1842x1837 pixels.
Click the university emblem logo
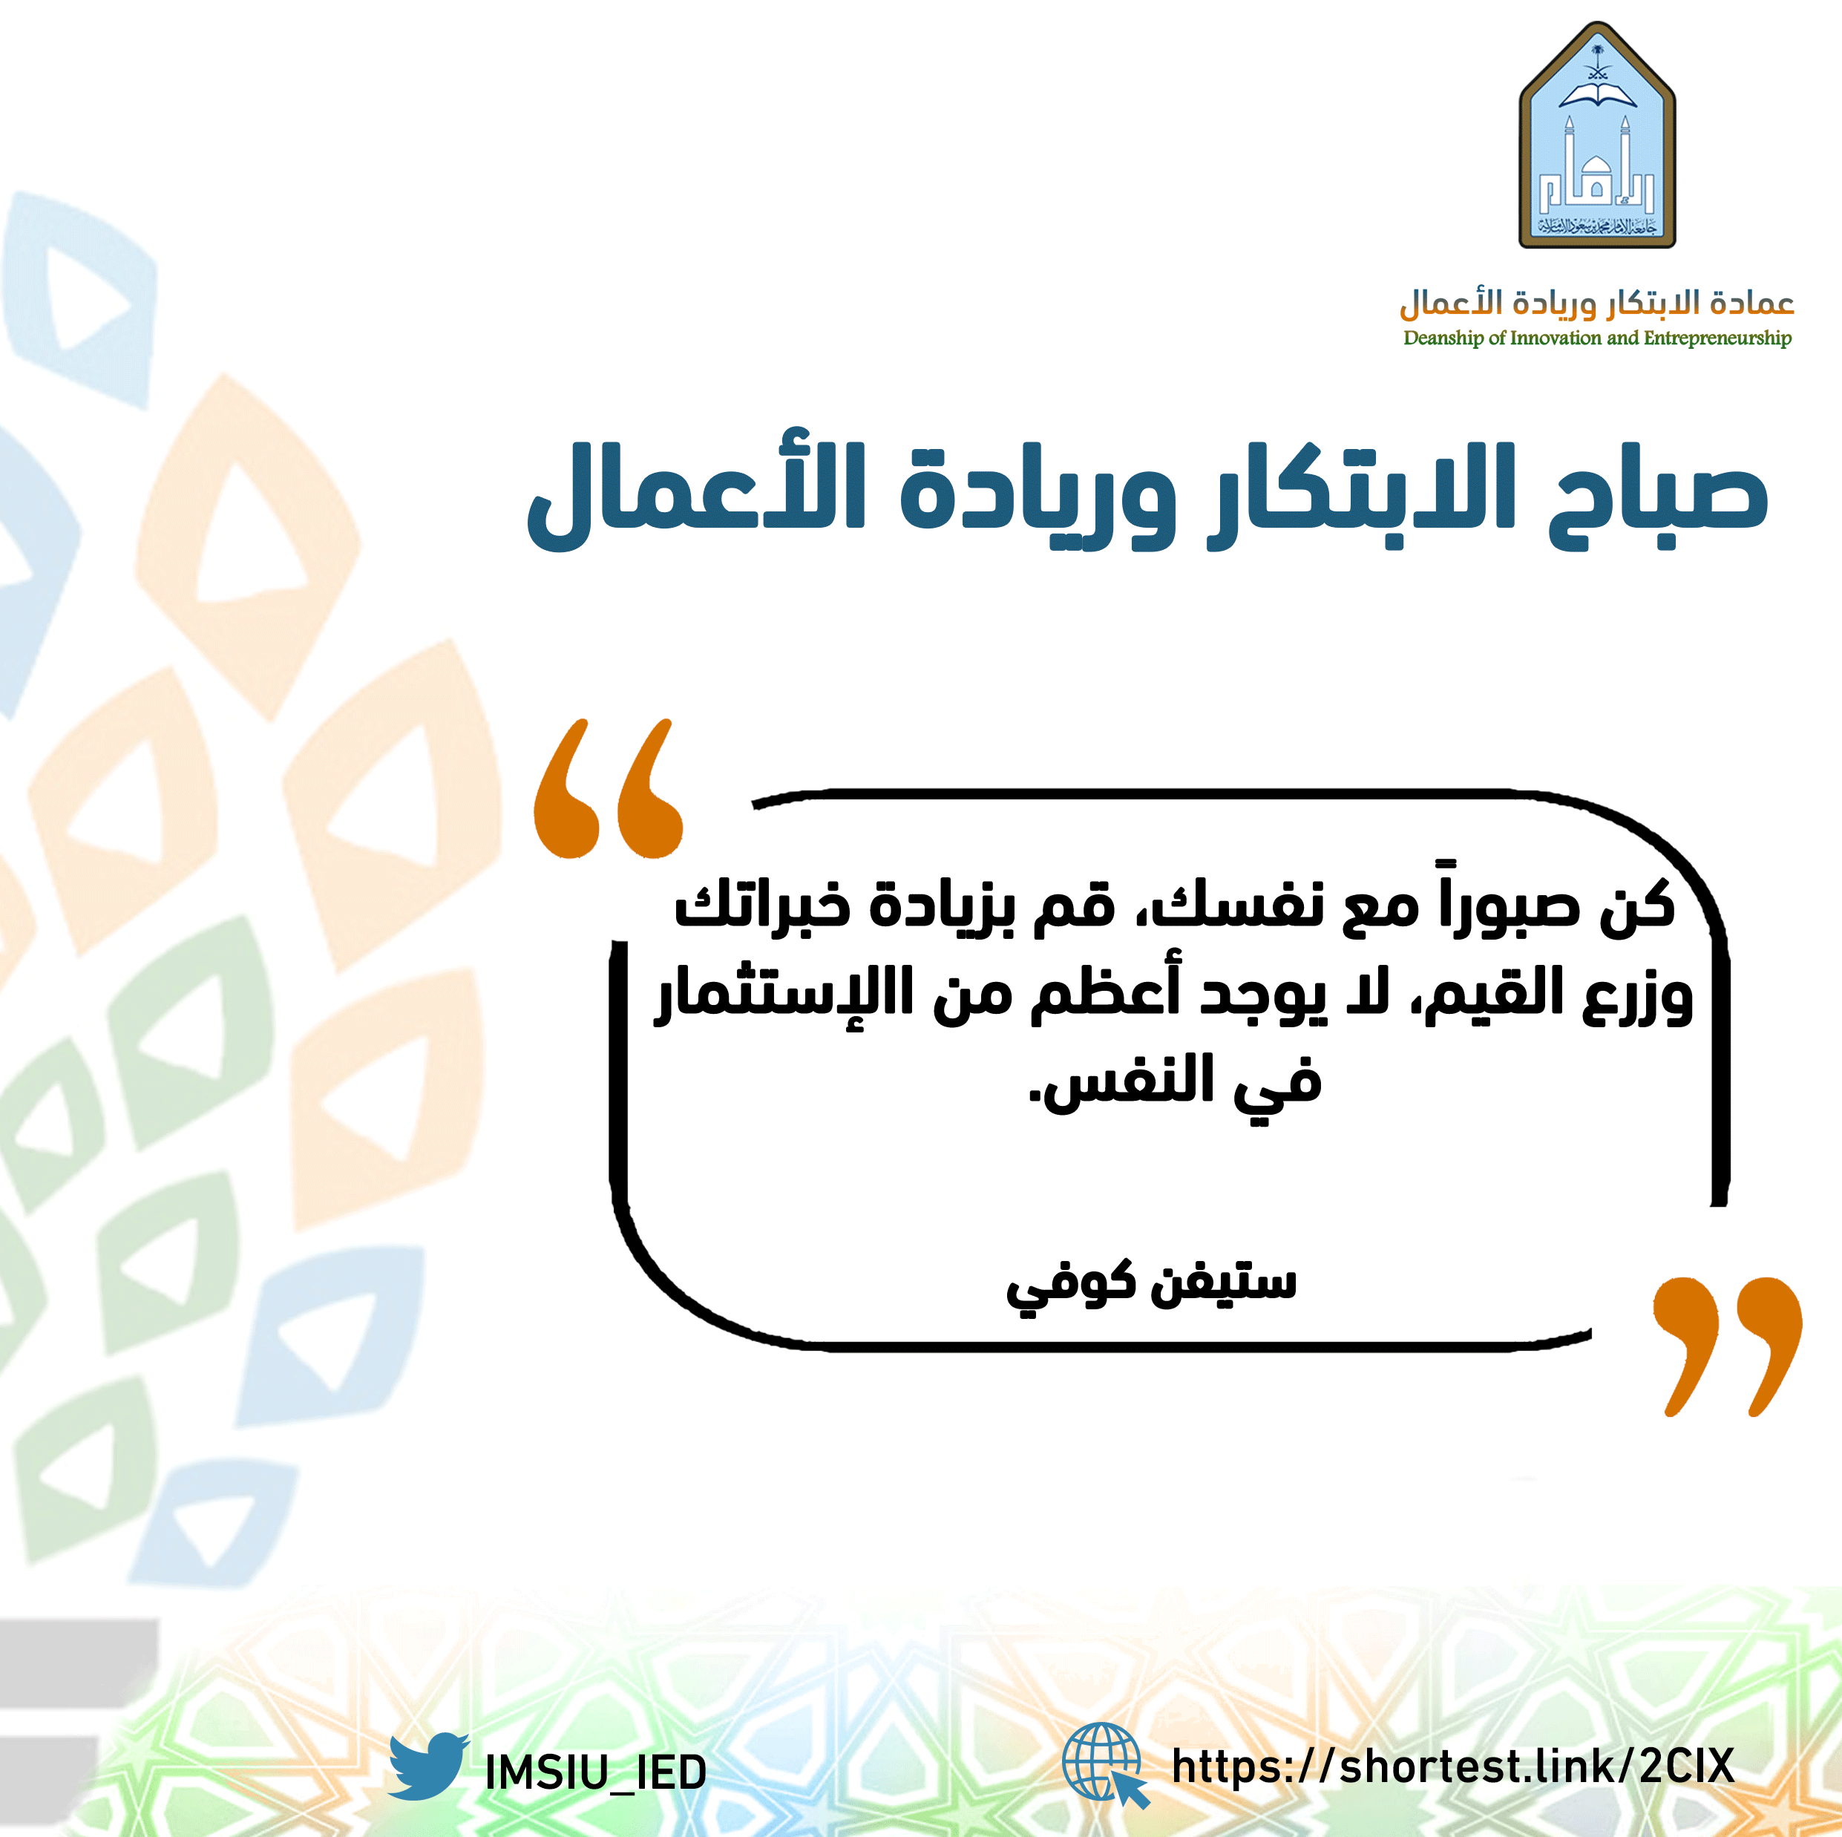[1597, 135]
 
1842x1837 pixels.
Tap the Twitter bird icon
[428, 1766]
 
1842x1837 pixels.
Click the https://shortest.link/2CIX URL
[1452, 1766]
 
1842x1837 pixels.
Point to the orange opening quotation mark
[609, 788]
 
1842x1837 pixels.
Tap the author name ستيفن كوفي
[1152, 1283]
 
